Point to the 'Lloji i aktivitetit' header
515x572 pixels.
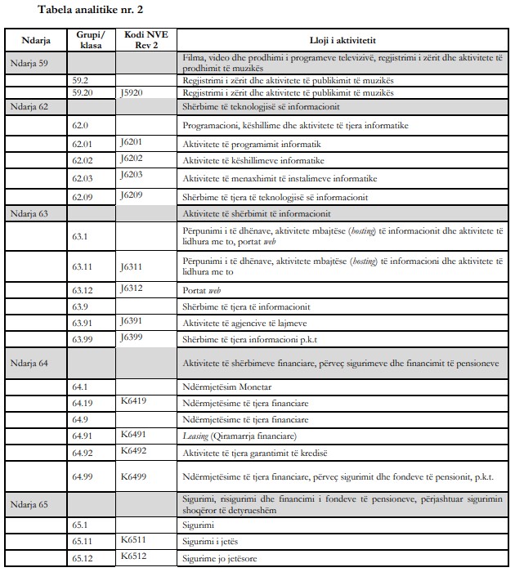coord(343,39)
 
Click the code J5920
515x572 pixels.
coord(132,93)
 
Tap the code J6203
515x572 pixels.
coord(132,175)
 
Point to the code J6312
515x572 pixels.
coord(132,288)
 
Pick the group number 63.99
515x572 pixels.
coord(83,338)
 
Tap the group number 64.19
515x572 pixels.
coord(83,402)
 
